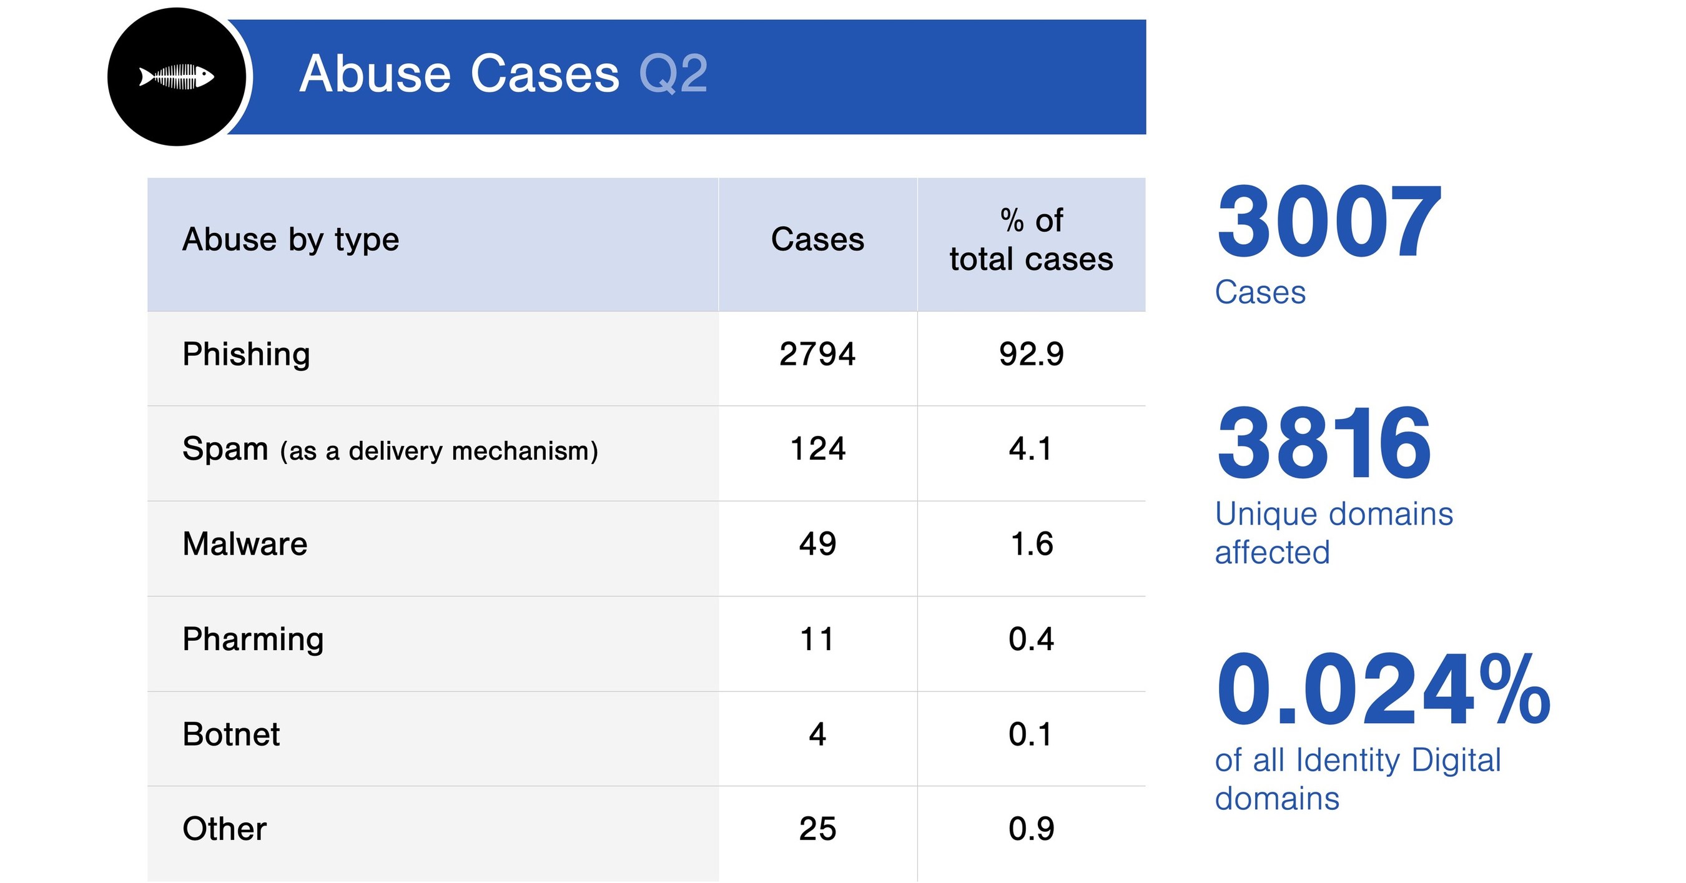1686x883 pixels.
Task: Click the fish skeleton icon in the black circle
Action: (177, 77)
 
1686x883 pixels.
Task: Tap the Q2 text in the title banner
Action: (673, 74)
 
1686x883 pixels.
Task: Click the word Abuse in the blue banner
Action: (375, 74)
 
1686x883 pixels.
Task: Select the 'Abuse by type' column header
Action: (290, 240)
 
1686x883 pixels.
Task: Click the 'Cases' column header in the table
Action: (817, 240)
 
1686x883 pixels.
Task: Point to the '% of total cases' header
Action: (1031, 240)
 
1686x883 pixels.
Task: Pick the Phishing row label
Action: (246, 355)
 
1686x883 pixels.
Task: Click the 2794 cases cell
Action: (817, 355)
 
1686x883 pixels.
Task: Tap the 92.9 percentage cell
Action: (1031, 355)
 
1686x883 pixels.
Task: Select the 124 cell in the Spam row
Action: (817, 450)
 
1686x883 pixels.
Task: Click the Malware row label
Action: (245, 545)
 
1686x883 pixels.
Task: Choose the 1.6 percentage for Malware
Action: (1031, 545)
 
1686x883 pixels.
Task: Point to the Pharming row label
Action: (253, 639)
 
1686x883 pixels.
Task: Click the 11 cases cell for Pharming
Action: (817, 639)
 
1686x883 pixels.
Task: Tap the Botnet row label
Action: (231, 734)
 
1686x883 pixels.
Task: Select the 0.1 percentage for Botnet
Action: (1031, 734)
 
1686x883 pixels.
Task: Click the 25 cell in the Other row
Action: (817, 829)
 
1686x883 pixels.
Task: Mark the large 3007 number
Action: (1329, 222)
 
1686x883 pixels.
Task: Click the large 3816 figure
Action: (1323, 444)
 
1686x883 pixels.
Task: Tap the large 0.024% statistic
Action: (1383, 691)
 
